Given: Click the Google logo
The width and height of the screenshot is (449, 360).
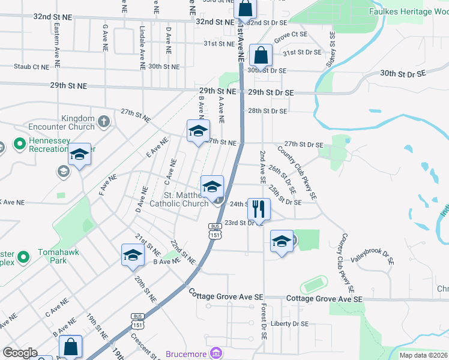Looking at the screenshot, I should pyautogui.click(x=20, y=352).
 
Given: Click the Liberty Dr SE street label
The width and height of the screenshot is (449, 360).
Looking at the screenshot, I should pyautogui.click(x=289, y=323).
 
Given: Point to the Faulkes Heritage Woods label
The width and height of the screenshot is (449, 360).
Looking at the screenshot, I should pyautogui.click(x=408, y=11).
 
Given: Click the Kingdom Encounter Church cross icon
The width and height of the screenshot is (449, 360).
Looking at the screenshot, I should pyautogui.click(x=104, y=122).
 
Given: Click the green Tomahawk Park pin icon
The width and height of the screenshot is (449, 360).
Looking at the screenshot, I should pyautogui.click(x=24, y=257).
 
